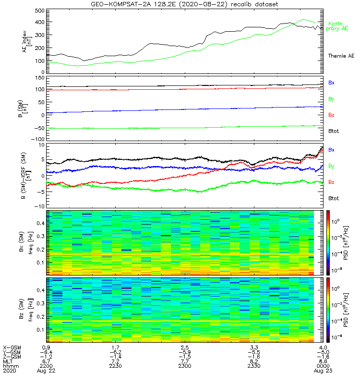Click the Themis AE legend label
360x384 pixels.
tap(340, 56)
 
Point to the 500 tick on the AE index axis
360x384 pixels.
tap(40, 11)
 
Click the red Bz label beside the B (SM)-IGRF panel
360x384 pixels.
tap(331, 182)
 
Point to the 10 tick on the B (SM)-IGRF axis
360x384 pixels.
tap(41, 145)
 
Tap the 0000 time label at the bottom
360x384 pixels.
tap(324, 366)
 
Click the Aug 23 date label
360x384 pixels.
tap(324, 371)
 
